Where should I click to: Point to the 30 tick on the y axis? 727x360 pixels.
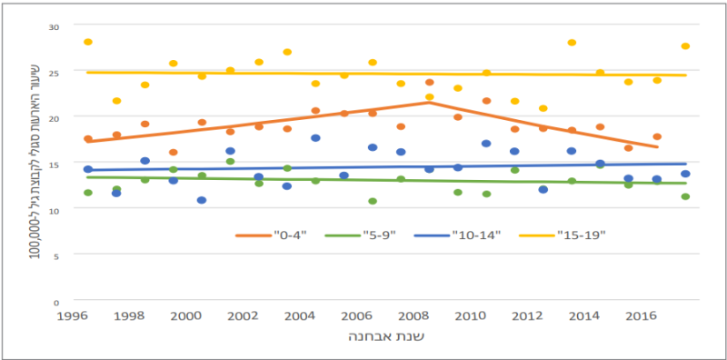pos(55,26)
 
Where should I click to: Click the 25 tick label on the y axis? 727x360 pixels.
pos(55,72)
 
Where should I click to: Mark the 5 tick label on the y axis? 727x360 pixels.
pos(57,255)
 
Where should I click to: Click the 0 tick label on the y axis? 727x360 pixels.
pos(57,301)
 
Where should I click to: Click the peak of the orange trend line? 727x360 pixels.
pos(428,103)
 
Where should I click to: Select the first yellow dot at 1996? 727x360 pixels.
pos(88,42)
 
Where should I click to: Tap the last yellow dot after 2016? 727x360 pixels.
pos(685,46)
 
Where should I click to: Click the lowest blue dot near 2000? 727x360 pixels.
pos(201,200)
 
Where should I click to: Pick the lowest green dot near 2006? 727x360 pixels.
pos(373,201)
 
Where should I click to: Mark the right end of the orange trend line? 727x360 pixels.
pos(657,147)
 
